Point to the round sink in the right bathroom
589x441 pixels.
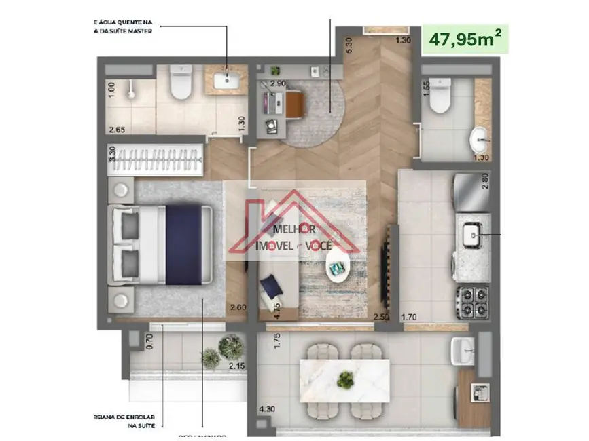[479, 142]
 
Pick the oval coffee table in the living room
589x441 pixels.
[337, 267]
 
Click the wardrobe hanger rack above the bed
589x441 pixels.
[156, 161]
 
